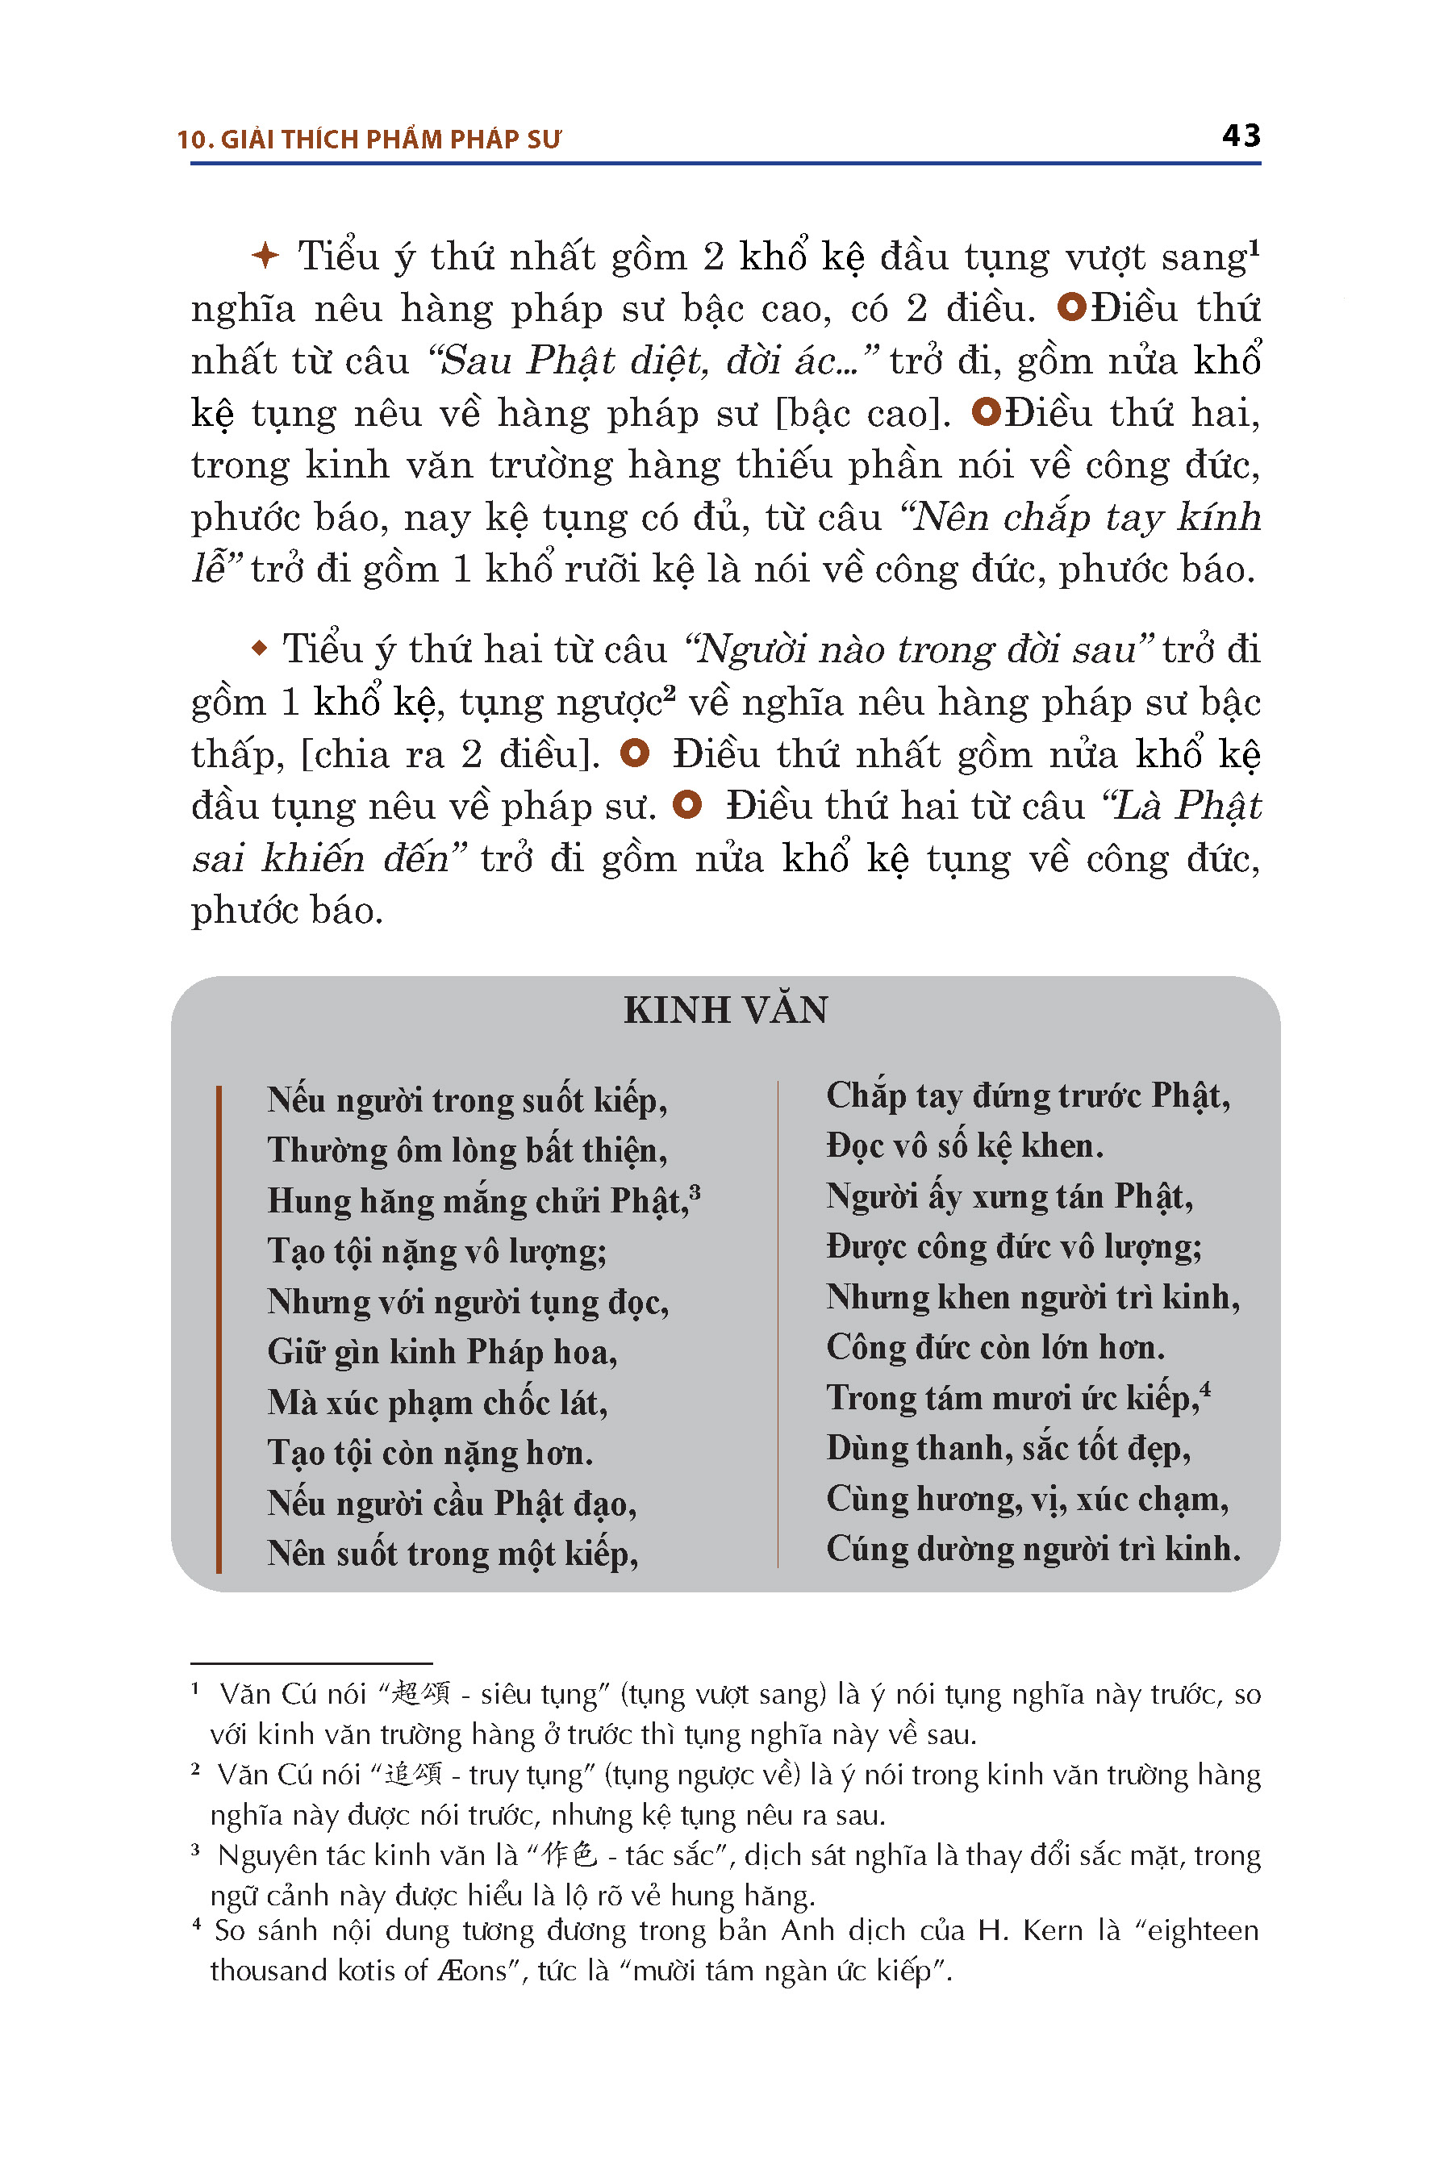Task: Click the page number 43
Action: (x=1241, y=136)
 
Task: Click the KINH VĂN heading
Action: (x=725, y=1010)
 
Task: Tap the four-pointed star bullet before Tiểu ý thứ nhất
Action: (x=265, y=256)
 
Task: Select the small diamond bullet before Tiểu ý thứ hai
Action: (x=259, y=649)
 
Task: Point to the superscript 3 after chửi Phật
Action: (x=695, y=1191)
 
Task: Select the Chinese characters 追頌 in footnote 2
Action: (x=413, y=1774)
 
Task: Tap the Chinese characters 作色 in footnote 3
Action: (x=570, y=1855)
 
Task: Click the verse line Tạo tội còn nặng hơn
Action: (x=431, y=1452)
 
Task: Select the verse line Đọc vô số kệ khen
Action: (x=965, y=1146)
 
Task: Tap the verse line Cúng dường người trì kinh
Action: (x=1033, y=1548)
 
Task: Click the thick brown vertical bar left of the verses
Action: (x=219, y=1329)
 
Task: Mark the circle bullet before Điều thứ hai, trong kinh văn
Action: (x=987, y=412)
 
